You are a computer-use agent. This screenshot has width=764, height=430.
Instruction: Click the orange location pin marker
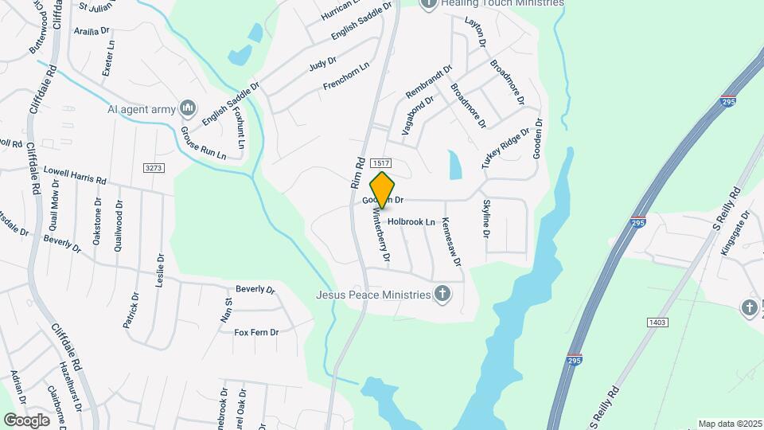383,190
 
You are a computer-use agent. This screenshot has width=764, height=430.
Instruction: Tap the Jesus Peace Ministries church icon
443,295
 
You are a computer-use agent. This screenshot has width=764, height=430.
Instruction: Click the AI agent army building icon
188,107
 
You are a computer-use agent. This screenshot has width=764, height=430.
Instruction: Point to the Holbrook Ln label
411,221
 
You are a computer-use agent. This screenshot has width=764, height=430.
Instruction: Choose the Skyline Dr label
485,220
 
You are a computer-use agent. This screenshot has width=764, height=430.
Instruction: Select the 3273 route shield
154,167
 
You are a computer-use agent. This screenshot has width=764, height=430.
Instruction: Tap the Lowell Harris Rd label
75,174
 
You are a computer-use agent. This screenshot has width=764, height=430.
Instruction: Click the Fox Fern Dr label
256,332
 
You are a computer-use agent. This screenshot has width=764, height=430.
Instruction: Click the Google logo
26,420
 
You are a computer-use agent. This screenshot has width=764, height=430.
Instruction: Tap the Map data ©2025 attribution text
730,424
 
